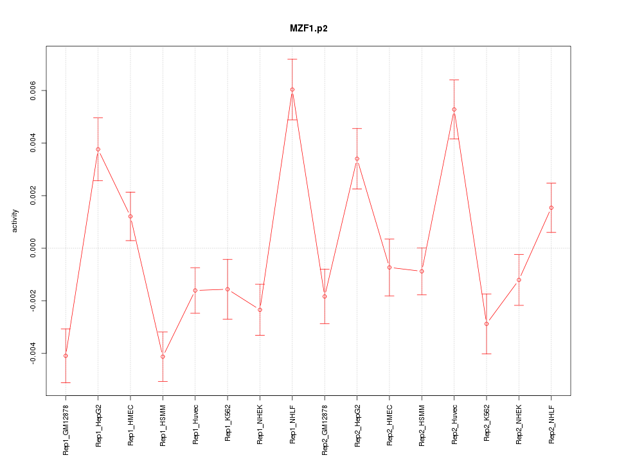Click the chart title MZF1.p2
tap(308, 28)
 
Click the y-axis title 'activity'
tap(15, 221)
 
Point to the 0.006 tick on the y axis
tap(33, 90)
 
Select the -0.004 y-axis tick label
tap(33, 354)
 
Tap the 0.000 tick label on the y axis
tap(33, 248)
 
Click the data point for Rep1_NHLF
tap(292, 90)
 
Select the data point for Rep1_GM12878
tap(66, 355)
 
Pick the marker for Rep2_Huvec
tap(454, 110)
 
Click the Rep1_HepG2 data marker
tap(98, 150)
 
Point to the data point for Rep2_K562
tap(487, 324)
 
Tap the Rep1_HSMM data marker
tap(163, 357)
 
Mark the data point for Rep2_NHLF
tap(551, 208)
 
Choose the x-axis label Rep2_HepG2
tap(357, 425)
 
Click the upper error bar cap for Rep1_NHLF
tap(292, 59)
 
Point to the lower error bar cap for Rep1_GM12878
tap(66, 382)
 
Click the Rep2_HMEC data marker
tap(389, 267)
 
